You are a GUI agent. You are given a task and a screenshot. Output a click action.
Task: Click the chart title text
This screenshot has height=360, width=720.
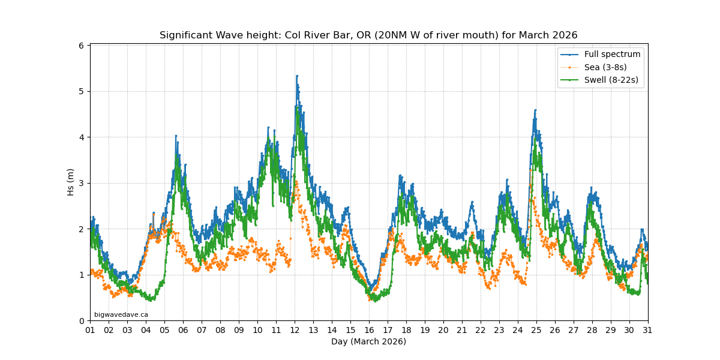tap(368, 35)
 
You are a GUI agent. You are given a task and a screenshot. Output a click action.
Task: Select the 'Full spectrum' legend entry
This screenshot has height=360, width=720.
tap(612, 55)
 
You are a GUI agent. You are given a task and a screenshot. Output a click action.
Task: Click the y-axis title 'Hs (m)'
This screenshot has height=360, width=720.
tap(71, 182)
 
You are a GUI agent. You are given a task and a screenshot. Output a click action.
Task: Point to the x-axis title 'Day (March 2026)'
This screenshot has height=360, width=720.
tap(368, 342)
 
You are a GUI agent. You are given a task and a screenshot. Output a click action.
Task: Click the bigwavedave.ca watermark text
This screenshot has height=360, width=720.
tap(121, 314)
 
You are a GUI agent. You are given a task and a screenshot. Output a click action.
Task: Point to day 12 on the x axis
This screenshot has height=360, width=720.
tap(295, 330)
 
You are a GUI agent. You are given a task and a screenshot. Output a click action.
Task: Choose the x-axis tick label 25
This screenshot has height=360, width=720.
tap(536, 330)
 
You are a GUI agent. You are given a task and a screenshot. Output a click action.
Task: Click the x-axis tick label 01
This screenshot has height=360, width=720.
tap(90, 330)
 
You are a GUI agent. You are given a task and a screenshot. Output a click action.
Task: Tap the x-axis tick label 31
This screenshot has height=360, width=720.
tap(648, 330)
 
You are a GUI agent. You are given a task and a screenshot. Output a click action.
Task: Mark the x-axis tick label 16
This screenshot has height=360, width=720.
tap(369, 330)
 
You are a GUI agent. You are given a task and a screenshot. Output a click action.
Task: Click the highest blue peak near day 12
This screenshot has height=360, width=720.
tap(296, 76)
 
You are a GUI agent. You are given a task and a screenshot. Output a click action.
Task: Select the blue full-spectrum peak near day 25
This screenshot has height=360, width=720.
tap(535, 110)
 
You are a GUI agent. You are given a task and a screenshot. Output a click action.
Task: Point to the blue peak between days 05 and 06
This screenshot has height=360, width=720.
tap(176, 136)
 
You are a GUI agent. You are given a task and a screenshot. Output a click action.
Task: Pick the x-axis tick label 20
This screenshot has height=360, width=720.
tap(443, 330)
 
